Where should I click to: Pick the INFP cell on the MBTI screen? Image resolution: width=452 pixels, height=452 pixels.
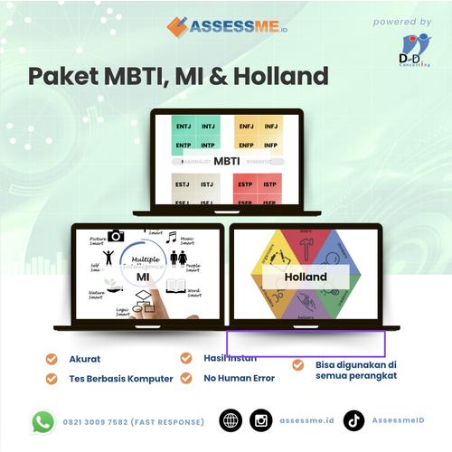coord(270,145)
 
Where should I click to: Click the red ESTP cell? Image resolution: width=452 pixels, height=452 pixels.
coord(246,185)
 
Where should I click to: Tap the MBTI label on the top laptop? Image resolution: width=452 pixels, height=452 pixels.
coord(227,163)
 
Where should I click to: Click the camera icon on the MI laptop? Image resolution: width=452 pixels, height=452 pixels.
coord(116,236)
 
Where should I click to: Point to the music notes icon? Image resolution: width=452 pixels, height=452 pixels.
coord(171,237)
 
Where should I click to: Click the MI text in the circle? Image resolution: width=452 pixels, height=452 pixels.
coord(143,276)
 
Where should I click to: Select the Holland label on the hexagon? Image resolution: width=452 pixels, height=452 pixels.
coord(306,277)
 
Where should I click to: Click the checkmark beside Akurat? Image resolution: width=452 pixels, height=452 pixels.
coord(52,359)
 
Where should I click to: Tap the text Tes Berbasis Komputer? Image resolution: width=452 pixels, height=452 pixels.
coord(120,379)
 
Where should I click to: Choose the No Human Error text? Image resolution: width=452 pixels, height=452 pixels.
coord(240,379)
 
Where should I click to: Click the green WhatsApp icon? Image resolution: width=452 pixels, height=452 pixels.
coord(42,421)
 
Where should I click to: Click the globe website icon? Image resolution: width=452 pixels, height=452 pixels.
coord(231,421)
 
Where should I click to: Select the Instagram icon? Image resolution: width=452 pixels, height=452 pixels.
coord(261,421)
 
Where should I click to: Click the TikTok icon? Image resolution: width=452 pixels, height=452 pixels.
coord(353,421)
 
